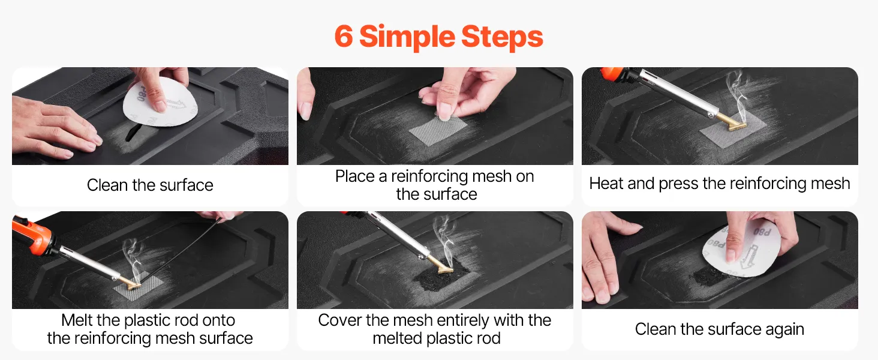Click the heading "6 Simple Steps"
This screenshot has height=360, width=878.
point(438,37)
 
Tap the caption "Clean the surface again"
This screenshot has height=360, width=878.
point(720,329)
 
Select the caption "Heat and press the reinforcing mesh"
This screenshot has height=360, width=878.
point(720,184)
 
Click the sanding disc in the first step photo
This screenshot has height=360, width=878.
point(160,102)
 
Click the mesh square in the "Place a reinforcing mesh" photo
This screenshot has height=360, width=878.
point(438,131)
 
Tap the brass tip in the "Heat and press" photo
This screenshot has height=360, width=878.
point(732,122)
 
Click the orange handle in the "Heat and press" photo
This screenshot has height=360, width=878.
point(612,73)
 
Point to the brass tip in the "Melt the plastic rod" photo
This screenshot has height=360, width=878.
point(129,283)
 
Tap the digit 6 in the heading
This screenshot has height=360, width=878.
point(344,37)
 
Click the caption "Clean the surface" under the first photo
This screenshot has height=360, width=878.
point(150,185)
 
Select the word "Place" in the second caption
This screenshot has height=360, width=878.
point(354,176)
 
